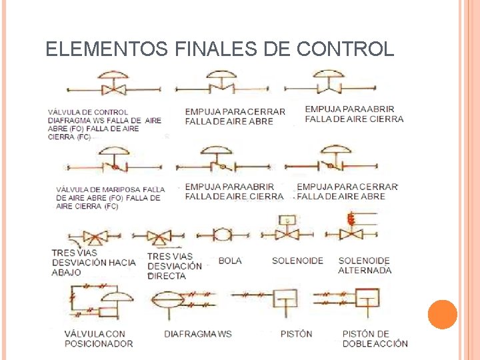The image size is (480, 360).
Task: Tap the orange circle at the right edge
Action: (x=442, y=315)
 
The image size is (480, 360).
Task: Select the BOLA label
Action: (x=230, y=261)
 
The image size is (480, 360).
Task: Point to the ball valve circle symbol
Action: (x=222, y=234)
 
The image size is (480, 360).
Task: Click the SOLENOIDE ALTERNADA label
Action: (x=365, y=265)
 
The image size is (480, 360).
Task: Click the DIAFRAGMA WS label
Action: (x=198, y=333)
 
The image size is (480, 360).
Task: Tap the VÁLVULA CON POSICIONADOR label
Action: (x=99, y=339)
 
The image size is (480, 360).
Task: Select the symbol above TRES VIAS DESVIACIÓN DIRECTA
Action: (x=159, y=235)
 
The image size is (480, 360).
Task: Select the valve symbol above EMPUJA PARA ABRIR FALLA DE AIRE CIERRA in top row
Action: (x=330, y=83)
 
